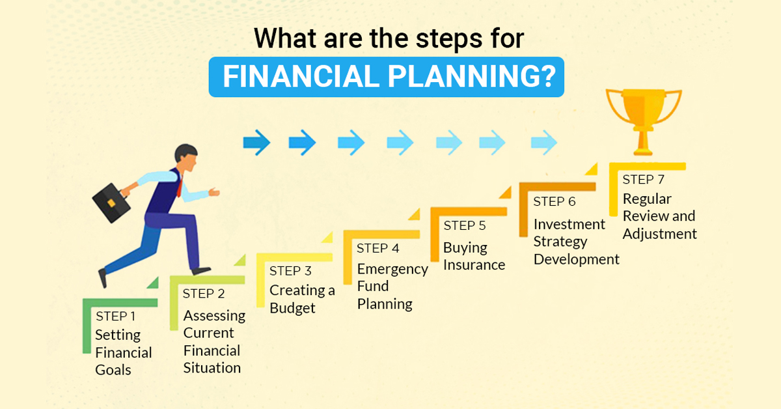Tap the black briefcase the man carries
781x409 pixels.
(111, 203)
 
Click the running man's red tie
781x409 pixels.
(180, 187)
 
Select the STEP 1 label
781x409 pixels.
(115, 316)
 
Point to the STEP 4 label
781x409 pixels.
(377, 248)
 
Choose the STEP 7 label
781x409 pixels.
(643, 179)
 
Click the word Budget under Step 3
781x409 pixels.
(292, 308)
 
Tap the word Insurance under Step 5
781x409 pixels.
(474, 265)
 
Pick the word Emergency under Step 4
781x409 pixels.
(392, 270)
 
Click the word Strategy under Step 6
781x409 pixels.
(560, 242)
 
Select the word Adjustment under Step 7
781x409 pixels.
(660, 234)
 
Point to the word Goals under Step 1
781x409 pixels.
(113, 370)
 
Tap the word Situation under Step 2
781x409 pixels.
(212, 368)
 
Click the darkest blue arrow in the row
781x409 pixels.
(256, 143)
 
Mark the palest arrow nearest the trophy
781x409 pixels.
(544, 143)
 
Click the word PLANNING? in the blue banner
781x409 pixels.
(472, 76)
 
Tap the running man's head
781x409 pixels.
(186, 157)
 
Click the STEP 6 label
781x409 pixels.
(555, 201)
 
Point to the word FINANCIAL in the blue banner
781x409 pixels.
(301, 76)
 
